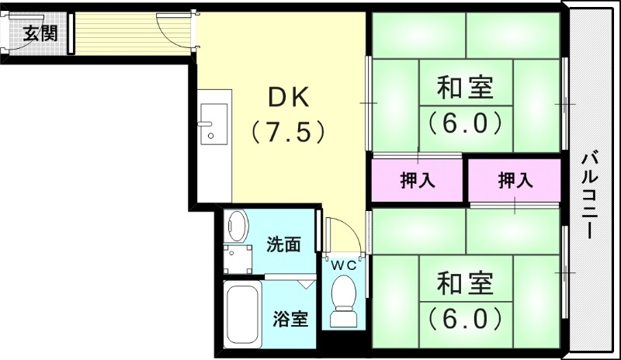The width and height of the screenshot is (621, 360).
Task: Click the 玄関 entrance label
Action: coord(40,33)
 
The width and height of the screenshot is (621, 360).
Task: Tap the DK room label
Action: coord(289,98)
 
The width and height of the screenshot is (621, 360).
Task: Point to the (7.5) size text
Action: coord(288,132)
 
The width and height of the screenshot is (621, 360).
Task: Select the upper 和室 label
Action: coord(465,88)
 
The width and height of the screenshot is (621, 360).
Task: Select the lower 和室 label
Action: coord(465,283)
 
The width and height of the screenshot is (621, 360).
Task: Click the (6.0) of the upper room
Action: coord(465,123)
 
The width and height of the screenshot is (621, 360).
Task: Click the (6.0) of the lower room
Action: coord(465,317)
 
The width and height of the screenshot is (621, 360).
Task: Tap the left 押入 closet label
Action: coord(417,182)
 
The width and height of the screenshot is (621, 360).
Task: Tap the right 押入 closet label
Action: coord(515,182)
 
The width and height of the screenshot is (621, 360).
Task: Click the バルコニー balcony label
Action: coord(593,194)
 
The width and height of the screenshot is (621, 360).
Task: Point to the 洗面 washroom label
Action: coord(283,245)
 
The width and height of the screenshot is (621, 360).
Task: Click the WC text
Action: coord(345,265)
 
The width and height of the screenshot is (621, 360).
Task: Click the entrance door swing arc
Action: coord(172,27)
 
